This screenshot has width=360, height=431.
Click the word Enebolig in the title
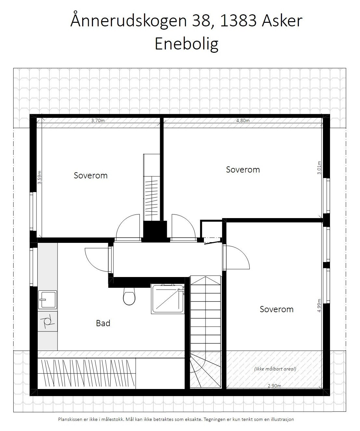point(186,44)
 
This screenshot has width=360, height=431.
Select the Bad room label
point(103,323)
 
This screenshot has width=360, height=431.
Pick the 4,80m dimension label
point(243,120)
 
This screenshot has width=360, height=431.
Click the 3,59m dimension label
point(39,177)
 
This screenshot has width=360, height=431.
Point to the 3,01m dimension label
point(319,168)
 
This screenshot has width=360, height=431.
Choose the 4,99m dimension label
point(319,306)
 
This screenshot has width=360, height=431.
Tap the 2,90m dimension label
point(274,386)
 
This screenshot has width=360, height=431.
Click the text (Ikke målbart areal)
point(275,369)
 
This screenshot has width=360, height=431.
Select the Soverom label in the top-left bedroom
point(90,175)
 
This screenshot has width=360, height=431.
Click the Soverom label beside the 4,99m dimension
point(276,309)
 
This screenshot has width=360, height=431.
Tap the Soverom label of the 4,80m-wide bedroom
point(243,170)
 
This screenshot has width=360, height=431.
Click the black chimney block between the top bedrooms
point(155,231)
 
